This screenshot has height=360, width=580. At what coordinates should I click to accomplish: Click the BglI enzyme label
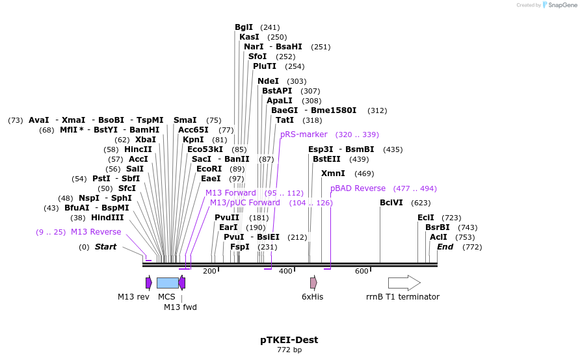coord(244,27)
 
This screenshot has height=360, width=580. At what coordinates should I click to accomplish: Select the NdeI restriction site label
coord(268,81)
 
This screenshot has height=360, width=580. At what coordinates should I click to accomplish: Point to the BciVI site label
coord(391,203)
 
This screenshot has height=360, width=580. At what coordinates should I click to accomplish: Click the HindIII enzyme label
coord(107,218)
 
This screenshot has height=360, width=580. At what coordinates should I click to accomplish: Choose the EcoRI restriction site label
coord(209,169)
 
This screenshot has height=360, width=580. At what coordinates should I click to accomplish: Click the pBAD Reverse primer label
coord(358,188)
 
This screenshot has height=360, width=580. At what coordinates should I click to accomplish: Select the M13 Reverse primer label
coord(96,232)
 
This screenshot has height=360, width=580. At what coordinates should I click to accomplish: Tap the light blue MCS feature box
coord(167,283)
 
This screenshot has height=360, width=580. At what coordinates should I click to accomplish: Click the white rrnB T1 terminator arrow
coord(404,283)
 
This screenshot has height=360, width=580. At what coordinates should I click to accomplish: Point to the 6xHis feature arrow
coord(313,283)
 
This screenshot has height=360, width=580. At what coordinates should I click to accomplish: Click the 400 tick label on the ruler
coord(285,271)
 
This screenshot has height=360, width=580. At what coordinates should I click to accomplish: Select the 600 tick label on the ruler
coord(362,271)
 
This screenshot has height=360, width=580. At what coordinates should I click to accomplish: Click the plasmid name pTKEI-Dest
coord(289,340)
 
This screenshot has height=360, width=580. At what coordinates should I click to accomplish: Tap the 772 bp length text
coord(289,350)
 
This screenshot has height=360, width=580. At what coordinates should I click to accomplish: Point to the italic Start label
coord(105,247)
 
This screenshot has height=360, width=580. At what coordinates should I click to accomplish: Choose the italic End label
coord(445,247)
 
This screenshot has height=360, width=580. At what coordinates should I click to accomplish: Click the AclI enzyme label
coord(438,237)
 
